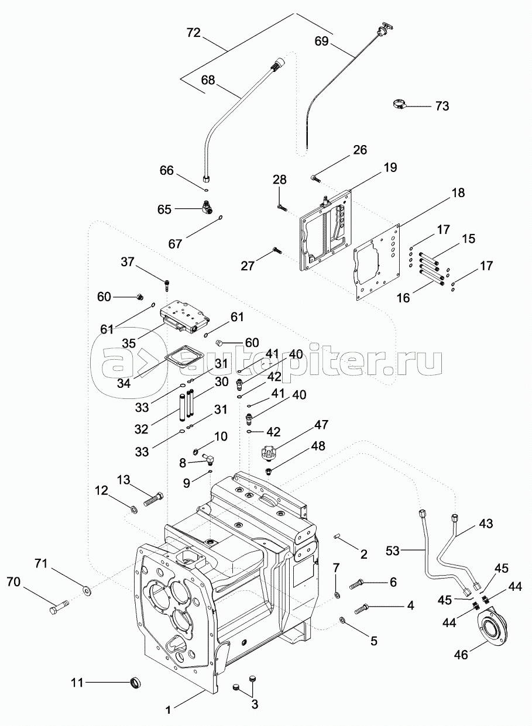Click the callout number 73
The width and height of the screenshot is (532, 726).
click(459, 106)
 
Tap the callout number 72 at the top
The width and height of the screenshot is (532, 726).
click(193, 33)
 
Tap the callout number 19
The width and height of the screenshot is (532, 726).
click(390, 168)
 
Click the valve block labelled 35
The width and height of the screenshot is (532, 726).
click(184, 316)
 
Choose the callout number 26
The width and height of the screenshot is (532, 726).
click(360, 150)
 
